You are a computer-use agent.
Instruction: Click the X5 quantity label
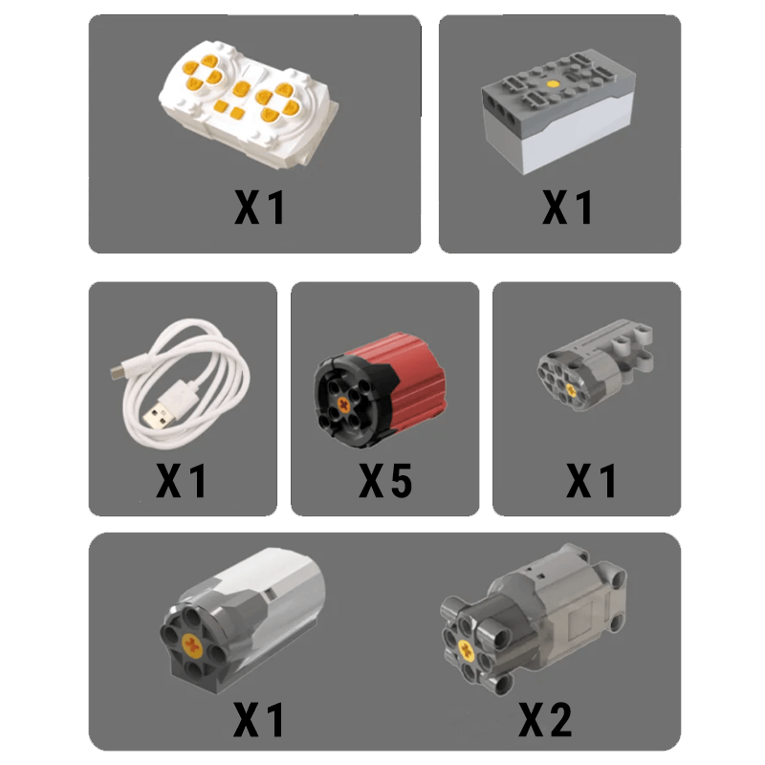[385, 480]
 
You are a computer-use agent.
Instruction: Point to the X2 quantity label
[545, 718]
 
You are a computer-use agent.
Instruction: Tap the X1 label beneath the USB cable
[182, 480]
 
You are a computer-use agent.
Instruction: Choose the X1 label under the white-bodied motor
[260, 718]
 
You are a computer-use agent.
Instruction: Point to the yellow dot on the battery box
[554, 86]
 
